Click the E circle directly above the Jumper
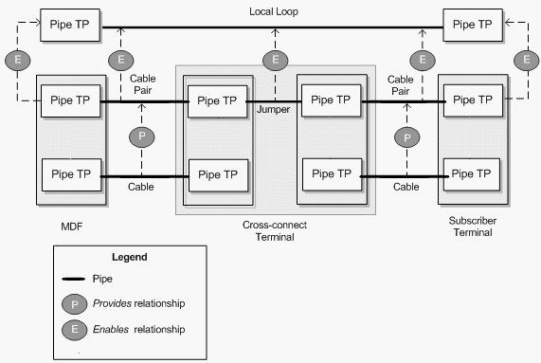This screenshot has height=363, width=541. (276, 61)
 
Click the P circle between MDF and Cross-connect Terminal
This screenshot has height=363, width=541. (142, 137)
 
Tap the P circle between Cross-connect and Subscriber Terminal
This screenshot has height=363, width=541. (407, 137)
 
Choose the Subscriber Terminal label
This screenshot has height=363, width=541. (473, 227)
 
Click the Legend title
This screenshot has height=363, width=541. (129, 257)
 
